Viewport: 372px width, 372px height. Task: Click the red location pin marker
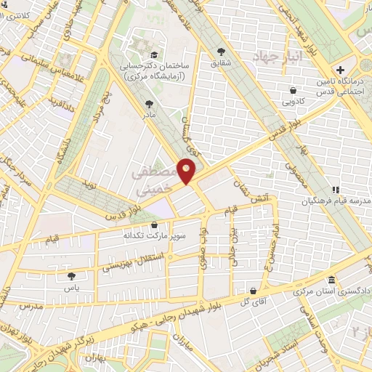tap(187, 172)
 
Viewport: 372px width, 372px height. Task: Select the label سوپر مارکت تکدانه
tap(157, 235)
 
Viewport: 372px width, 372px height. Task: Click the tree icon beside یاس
tap(71, 276)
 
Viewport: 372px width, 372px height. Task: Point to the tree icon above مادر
tap(150, 104)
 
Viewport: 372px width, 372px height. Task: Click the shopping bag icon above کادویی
tap(292, 91)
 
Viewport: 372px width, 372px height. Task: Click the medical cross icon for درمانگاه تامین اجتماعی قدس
tap(340, 69)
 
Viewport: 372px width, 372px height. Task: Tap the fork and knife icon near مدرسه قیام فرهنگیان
tap(335, 190)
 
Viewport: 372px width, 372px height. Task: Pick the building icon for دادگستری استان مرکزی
tap(331, 280)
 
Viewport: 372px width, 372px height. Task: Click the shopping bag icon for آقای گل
tap(251, 290)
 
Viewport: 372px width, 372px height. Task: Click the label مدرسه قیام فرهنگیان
tap(335, 201)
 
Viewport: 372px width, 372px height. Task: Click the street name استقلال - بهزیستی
tap(125, 267)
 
